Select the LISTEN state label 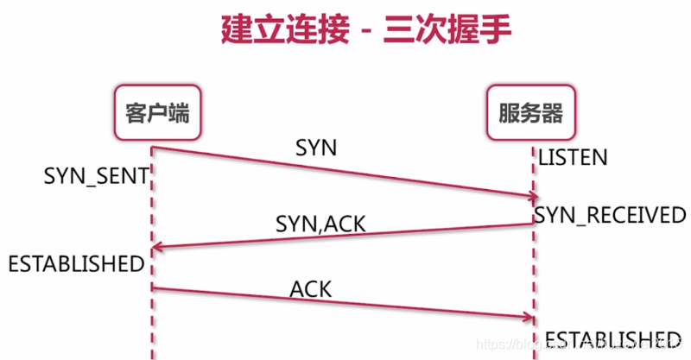click(573, 158)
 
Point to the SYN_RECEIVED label click(610, 215)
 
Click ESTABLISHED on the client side click(76, 263)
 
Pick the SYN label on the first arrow click(316, 148)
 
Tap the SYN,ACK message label click(320, 224)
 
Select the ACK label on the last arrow click(311, 288)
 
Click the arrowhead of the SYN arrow click(529, 198)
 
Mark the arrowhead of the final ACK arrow click(529, 319)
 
